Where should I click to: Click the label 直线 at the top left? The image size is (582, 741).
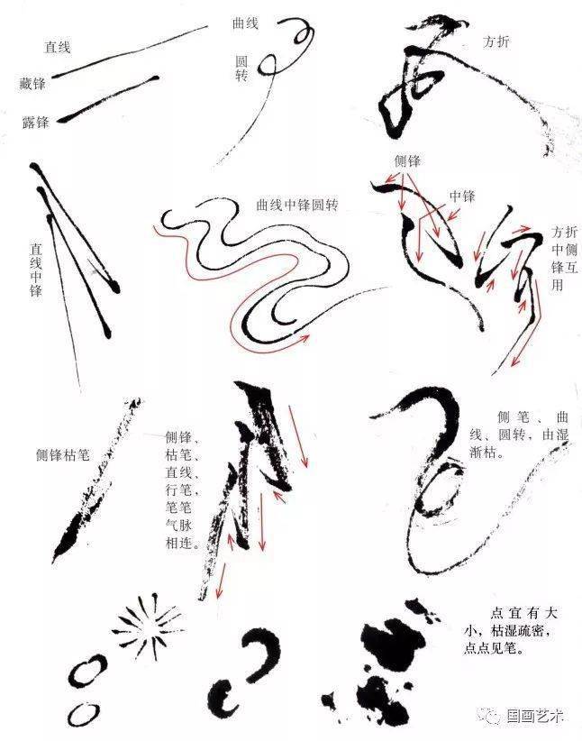pos(57,47)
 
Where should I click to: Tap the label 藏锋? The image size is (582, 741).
pos(32,84)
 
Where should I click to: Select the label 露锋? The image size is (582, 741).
pos(35,123)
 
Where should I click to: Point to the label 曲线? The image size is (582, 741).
pos(245,23)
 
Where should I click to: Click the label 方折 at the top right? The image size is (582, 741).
pos(496,41)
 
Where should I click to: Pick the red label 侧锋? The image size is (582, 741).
pos(407,161)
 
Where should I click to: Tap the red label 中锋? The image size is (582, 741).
pos(461,197)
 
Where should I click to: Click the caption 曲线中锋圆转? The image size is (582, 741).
pos(297,206)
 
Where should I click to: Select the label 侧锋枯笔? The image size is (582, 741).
pos(63,455)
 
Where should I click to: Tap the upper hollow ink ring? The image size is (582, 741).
pos(88,671)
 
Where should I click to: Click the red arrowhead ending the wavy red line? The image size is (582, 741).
pos(305,337)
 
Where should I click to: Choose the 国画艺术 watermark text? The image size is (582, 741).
pos(535,716)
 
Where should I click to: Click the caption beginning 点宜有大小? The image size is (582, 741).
pos(510,631)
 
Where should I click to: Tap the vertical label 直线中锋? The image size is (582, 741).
pos(36,270)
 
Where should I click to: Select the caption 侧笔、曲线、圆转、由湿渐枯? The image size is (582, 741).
pos(519,435)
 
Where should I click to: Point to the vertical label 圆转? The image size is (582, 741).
pos(241,68)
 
